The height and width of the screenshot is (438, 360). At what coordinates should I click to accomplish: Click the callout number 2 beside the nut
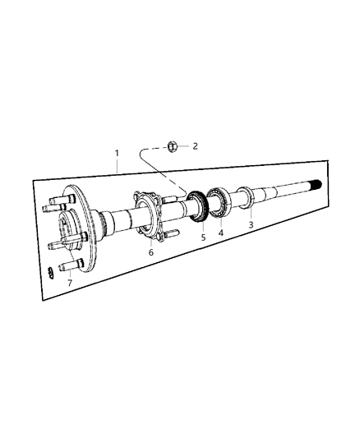[195, 147]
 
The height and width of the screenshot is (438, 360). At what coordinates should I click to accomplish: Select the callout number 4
[220, 233]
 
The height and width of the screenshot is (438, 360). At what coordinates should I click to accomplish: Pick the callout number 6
[150, 253]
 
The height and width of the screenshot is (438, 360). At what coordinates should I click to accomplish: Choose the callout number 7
[70, 284]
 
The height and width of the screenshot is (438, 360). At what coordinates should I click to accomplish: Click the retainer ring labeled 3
[244, 198]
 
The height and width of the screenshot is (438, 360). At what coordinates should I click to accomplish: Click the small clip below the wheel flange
[52, 271]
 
